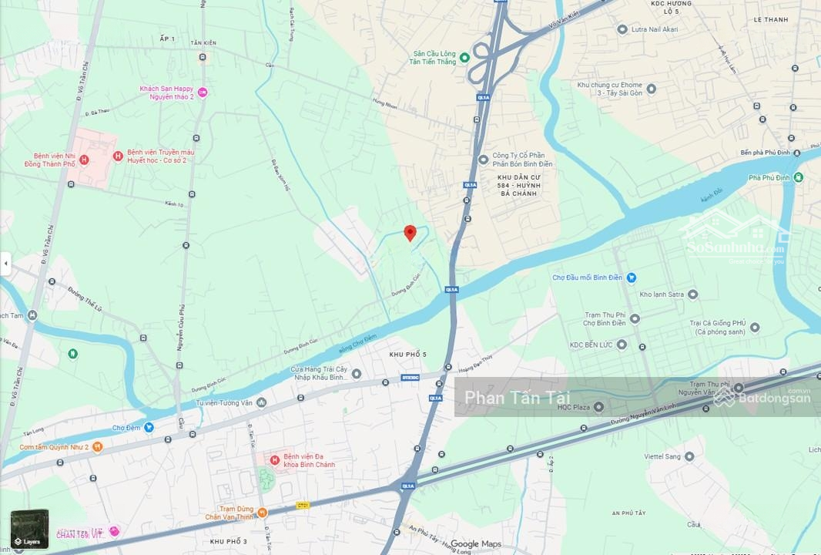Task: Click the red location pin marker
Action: (410, 232)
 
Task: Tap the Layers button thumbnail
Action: (29, 529)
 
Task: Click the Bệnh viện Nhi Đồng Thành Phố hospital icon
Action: (85, 160)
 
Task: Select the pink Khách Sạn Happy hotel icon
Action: (203, 92)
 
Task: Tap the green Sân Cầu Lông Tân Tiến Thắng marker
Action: (464, 57)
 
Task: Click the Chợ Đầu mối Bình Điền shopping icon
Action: (631, 277)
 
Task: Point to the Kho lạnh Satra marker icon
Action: (692, 294)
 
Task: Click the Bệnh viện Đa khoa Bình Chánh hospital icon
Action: (274, 460)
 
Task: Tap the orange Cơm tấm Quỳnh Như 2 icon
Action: (97, 446)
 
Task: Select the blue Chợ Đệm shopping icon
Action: (149, 427)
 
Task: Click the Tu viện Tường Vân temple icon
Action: (262, 402)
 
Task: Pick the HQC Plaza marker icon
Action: (598, 406)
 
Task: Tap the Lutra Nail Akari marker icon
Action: (622, 29)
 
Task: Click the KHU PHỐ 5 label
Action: (407, 354)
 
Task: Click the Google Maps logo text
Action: (475, 544)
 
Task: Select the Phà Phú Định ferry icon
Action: (799, 177)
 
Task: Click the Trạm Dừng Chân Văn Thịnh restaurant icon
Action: (263, 513)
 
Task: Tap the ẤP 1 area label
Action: (167, 39)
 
